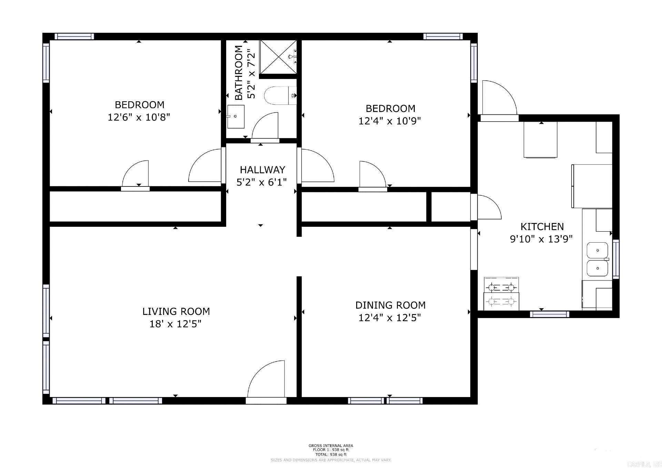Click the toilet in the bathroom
[x=280, y=96]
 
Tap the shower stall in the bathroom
[x=278, y=57]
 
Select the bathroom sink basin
[x=236, y=116]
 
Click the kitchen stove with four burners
[x=501, y=294]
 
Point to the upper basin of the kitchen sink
[x=597, y=250]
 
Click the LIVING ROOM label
[x=176, y=312]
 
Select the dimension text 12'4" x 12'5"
[x=390, y=318]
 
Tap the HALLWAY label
[x=262, y=170]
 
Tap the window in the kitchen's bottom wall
[x=549, y=314]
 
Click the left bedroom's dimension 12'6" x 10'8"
[x=139, y=118]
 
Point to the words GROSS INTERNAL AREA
[x=331, y=446]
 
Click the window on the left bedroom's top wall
[x=74, y=37]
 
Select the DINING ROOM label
[x=390, y=305]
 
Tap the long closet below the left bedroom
[x=135, y=206]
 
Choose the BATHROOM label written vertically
[x=239, y=73]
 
